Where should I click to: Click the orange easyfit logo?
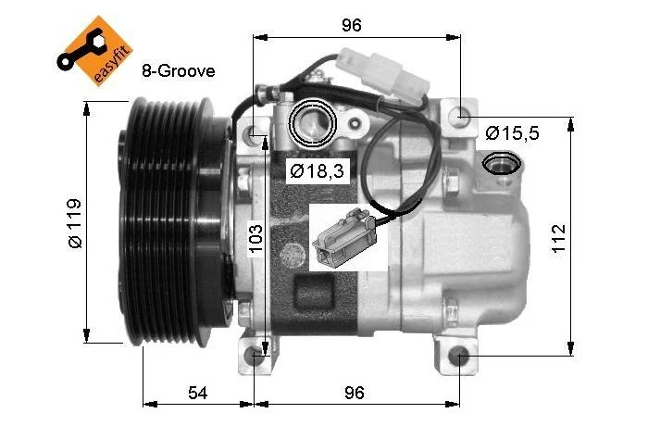click(95, 51)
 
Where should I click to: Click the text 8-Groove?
click(179, 70)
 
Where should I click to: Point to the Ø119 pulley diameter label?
click(75, 223)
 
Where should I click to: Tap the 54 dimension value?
click(198, 393)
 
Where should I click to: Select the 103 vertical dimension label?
click(255, 239)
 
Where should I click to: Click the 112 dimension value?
click(558, 239)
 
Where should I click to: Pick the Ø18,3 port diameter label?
click(317, 170)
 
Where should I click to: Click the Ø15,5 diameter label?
click(513, 133)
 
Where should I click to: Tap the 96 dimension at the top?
click(352, 25)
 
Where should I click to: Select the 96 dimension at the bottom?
click(355, 393)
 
